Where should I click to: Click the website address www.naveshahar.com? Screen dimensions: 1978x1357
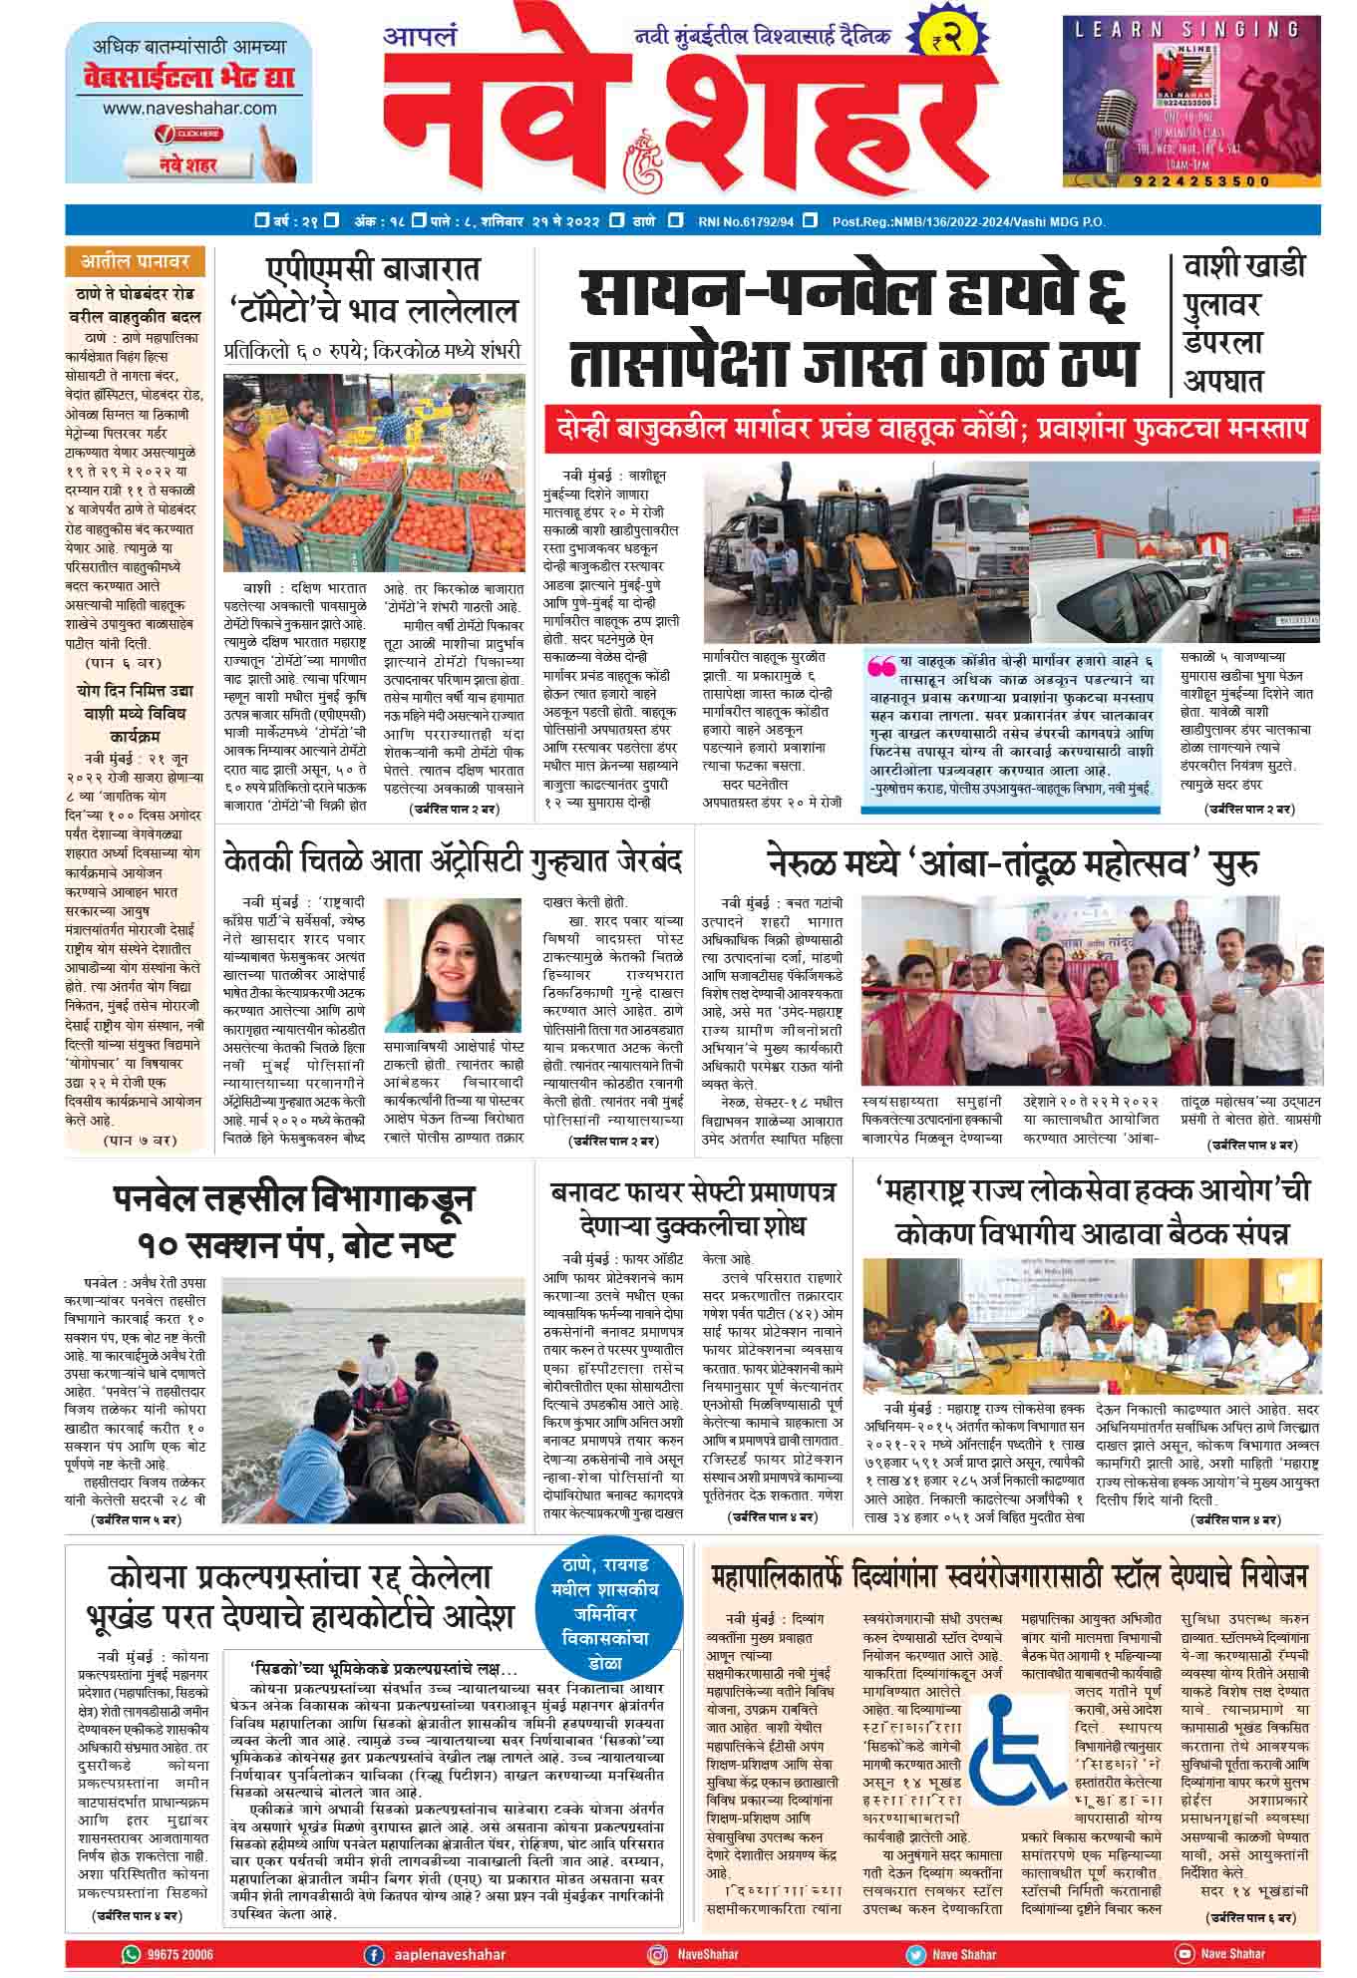[189, 108]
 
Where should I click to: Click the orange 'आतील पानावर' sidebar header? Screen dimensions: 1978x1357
[135, 262]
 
